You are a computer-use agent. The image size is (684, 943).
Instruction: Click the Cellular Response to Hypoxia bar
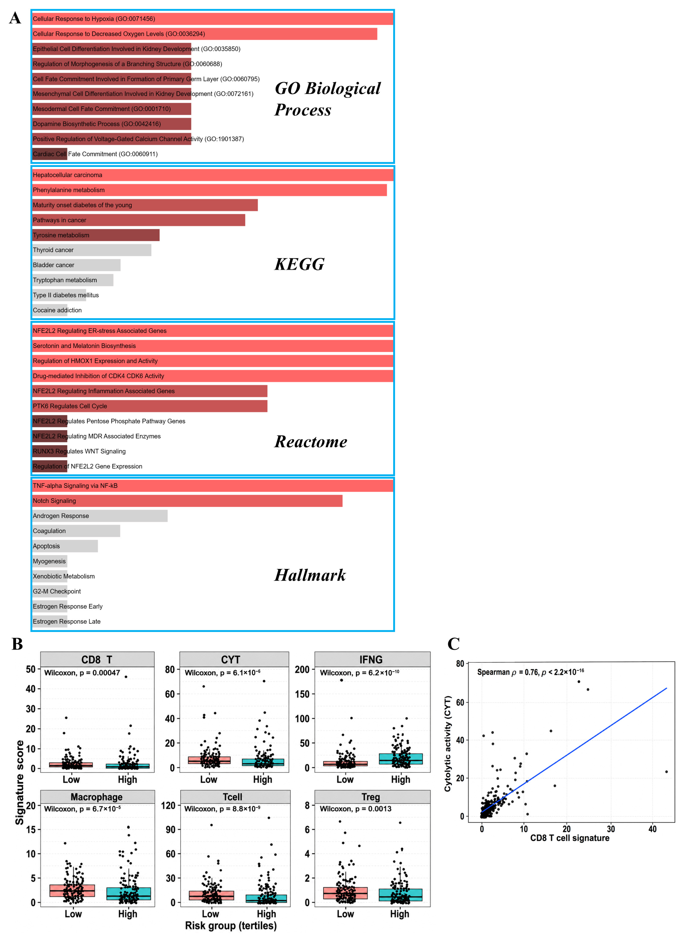click(x=213, y=19)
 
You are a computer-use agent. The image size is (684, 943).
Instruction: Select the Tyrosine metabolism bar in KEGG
click(x=96, y=235)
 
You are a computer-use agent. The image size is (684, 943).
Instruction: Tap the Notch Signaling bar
click(x=187, y=501)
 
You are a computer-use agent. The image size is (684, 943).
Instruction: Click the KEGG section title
click(x=299, y=264)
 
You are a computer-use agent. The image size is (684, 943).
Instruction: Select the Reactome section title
click(x=311, y=442)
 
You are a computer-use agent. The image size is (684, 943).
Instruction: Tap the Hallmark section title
click(x=310, y=575)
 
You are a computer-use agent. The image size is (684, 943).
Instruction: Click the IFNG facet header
click(x=372, y=659)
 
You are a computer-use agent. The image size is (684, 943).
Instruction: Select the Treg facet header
click(x=372, y=797)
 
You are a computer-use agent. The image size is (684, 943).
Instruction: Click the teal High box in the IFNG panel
click(x=401, y=759)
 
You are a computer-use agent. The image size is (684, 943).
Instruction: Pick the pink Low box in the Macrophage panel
click(x=72, y=891)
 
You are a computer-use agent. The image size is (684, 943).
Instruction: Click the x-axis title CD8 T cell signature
click(x=570, y=838)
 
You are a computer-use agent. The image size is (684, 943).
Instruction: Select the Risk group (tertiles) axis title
click(x=231, y=925)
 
